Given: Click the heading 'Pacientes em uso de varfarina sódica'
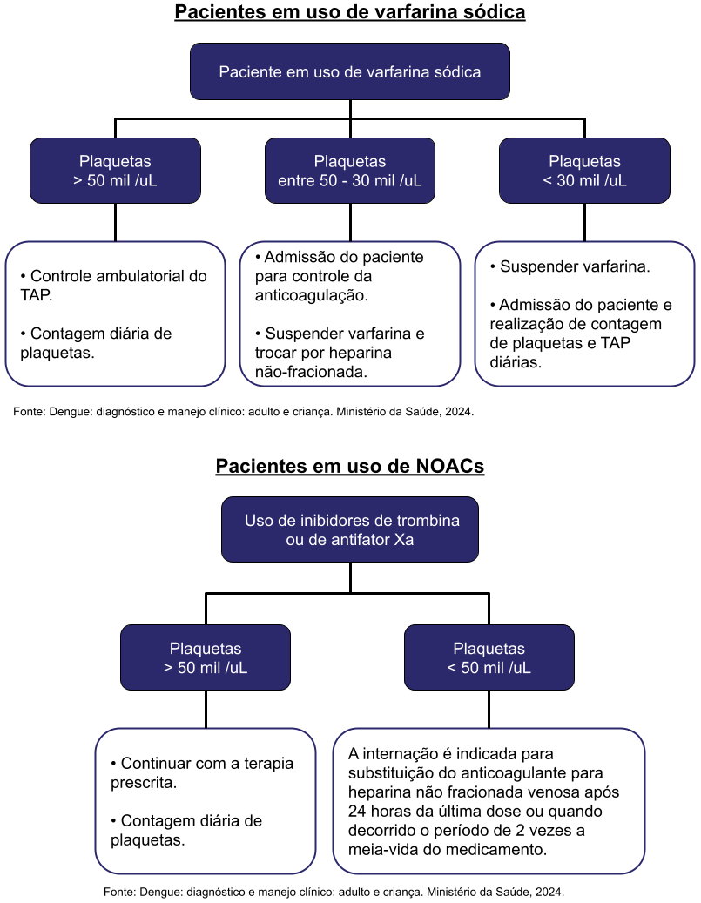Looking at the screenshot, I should click(350, 12).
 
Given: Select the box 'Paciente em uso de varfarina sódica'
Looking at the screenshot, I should click(350, 72).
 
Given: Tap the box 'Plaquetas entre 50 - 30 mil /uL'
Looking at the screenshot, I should click(350, 172).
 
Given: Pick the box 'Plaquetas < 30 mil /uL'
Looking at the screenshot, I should click(584, 172).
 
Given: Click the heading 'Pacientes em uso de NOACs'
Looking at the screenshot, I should click(350, 466).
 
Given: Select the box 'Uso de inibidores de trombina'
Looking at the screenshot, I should click(350, 529).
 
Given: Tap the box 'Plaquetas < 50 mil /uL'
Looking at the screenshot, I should click(489, 658).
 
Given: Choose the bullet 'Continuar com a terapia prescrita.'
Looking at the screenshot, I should click(202, 772).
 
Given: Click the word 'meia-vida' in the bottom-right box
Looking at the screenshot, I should click(381, 849).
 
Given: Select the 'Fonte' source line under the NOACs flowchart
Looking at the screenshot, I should click(334, 892).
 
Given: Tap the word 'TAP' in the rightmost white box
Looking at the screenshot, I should click(615, 343).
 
